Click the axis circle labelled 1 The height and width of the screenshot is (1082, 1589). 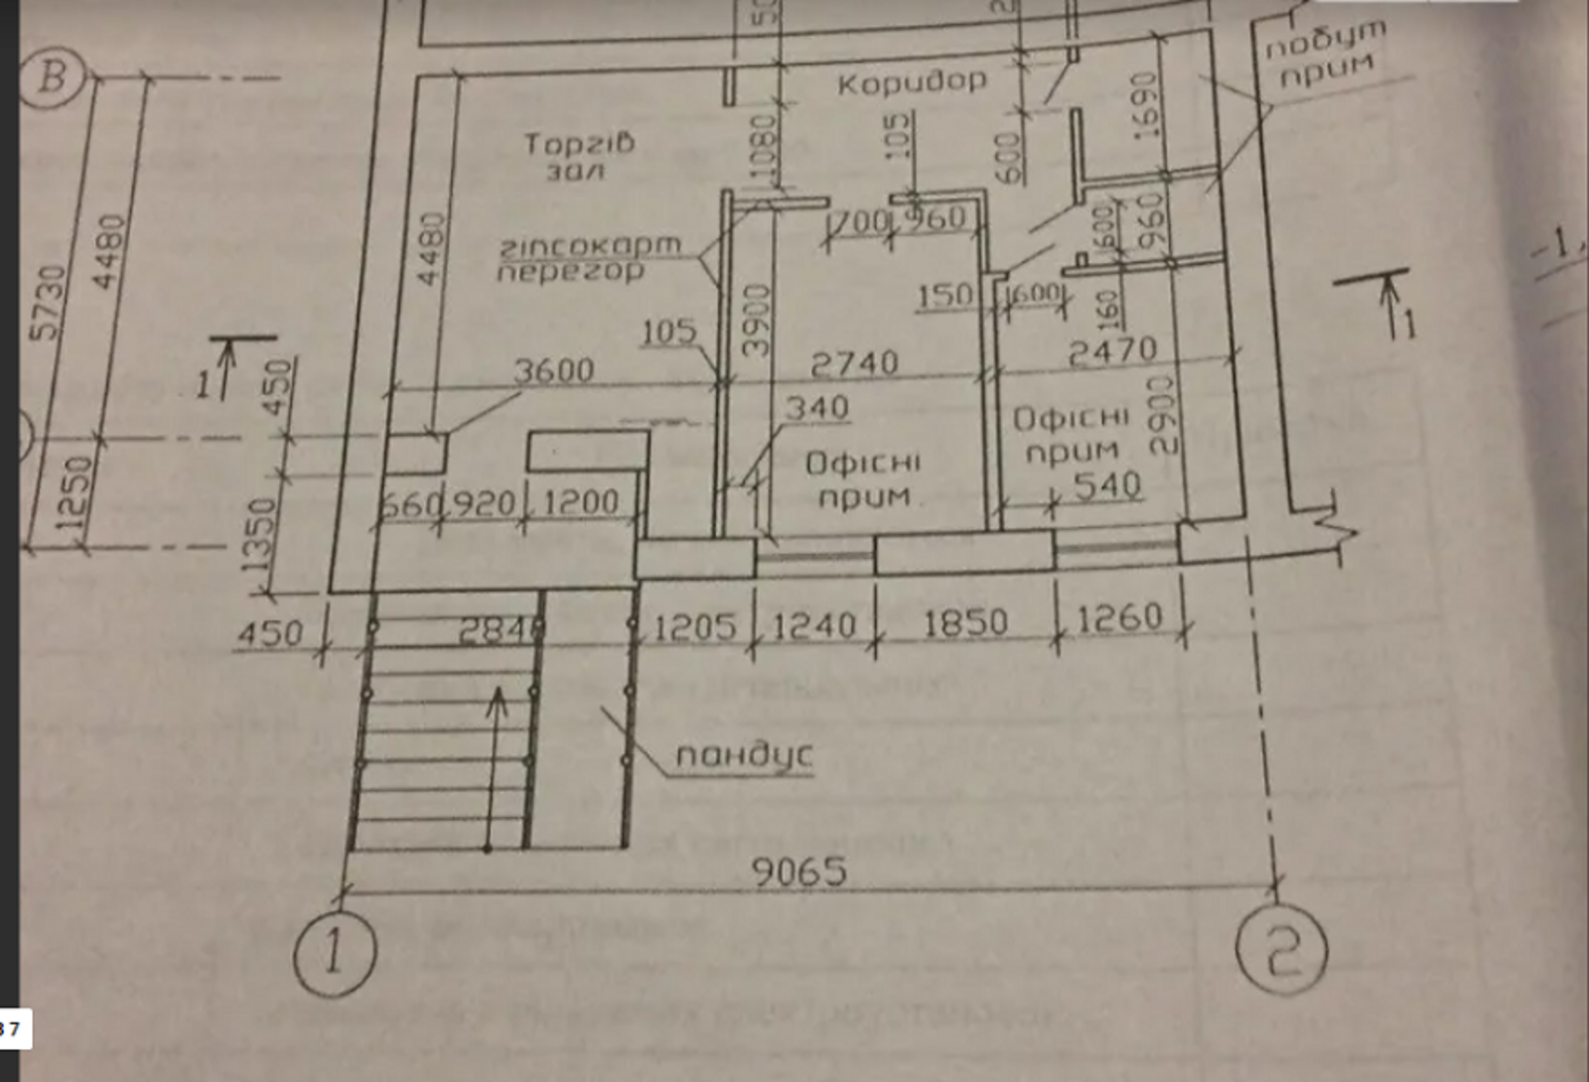click(x=335, y=954)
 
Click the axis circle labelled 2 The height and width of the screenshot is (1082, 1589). click(x=1281, y=951)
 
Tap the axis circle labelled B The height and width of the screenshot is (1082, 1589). click(x=54, y=75)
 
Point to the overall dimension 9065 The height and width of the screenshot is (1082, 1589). click(x=799, y=873)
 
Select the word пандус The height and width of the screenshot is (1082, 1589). click(x=744, y=755)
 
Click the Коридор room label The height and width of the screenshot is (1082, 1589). click(x=912, y=81)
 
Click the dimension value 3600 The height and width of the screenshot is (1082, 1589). click(x=553, y=370)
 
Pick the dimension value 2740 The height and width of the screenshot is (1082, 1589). click(x=854, y=364)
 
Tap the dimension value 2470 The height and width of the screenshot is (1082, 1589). click(x=1111, y=350)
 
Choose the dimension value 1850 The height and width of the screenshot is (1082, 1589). click(x=964, y=623)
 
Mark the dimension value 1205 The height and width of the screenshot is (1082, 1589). click(x=695, y=626)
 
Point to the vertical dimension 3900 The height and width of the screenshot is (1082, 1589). click(x=758, y=320)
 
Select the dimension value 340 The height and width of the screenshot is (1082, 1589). click(x=816, y=408)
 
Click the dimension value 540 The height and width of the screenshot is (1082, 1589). click(x=1107, y=485)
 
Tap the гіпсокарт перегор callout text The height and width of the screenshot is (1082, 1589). click(x=589, y=257)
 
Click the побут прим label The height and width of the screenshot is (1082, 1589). click(x=1325, y=55)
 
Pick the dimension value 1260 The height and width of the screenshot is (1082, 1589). click(x=1119, y=618)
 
